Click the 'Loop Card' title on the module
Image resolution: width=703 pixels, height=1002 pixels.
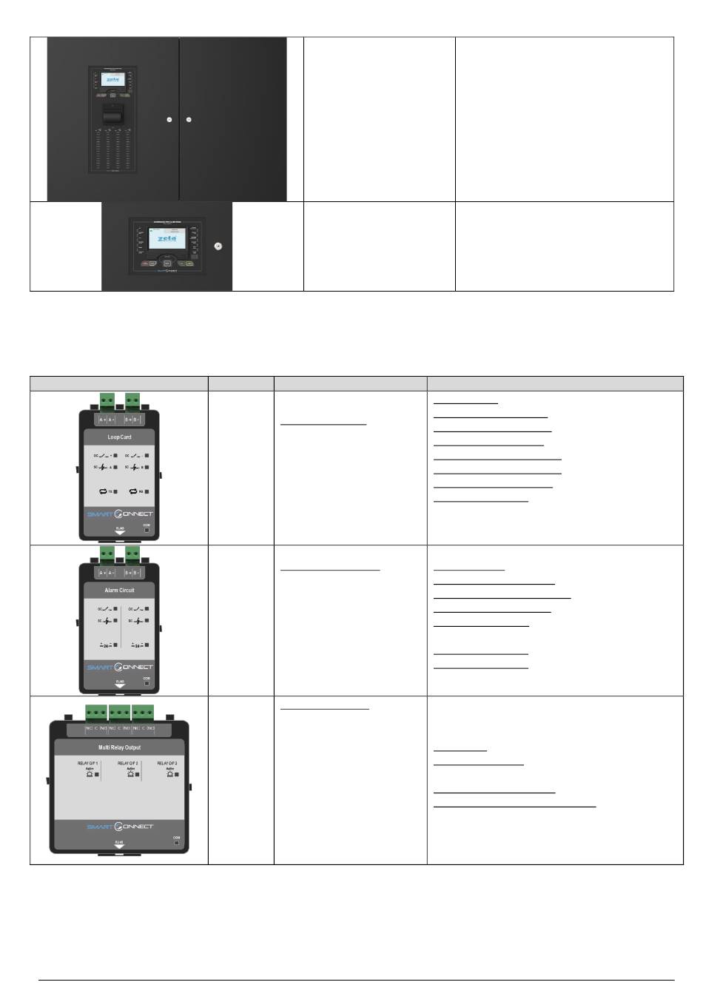(119, 437)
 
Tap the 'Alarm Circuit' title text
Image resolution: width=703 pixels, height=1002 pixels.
(119, 591)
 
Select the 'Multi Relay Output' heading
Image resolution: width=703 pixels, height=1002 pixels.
(119, 747)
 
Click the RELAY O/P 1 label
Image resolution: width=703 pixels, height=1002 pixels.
(87, 763)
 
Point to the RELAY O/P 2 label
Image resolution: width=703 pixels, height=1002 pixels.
(128, 763)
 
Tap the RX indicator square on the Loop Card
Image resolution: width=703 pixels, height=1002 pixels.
(147, 491)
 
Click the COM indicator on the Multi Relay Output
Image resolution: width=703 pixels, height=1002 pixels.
(176, 843)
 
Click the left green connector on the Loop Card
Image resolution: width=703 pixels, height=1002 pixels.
(107, 400)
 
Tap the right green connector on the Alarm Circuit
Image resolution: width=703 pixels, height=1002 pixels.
(132, 554)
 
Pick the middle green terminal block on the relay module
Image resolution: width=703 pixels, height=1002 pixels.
(119, 712)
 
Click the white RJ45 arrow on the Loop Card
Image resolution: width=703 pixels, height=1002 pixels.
(119, 532)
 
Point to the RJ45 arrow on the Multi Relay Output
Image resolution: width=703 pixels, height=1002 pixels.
(119, 846)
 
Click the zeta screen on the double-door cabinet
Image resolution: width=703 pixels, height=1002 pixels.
(112, 79)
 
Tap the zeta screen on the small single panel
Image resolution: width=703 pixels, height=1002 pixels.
(166, 238)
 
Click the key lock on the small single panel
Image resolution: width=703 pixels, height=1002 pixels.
(217, 246)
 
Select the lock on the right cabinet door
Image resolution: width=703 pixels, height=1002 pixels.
(189, 119)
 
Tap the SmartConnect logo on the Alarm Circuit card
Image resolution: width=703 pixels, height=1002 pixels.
(119, 668)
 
